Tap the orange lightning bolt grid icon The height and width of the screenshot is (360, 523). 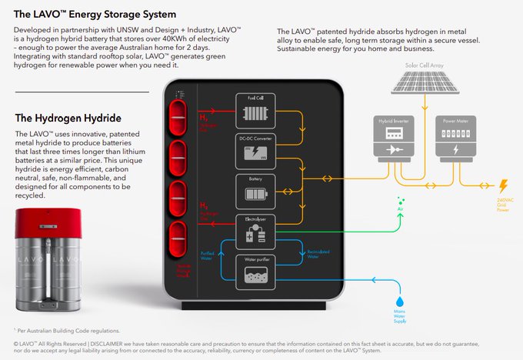point(503,187)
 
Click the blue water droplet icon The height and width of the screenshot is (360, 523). point(399,298)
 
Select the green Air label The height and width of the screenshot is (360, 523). point(399,209)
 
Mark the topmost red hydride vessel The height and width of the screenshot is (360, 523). point(178,109)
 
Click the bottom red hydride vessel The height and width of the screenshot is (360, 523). point(178,236)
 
